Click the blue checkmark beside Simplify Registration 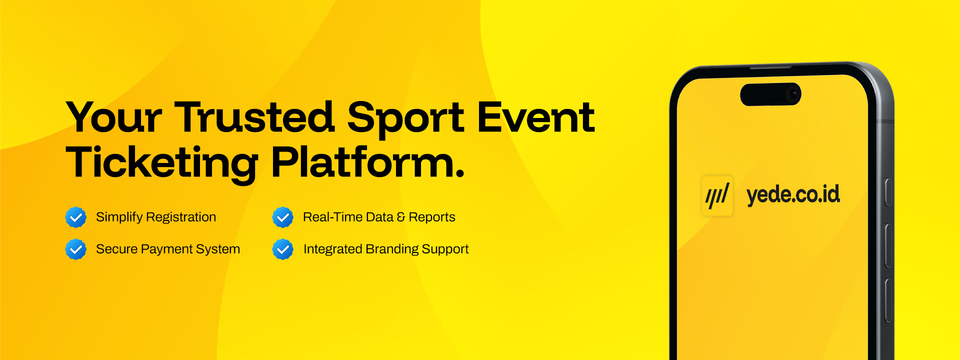click(x=76, y=217)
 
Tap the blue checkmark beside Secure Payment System click(x=76, y=249)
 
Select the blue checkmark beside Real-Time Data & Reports click(x=283, y=217)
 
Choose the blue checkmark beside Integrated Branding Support click(x=283, y=249)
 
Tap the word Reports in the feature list click(x=432, y=217)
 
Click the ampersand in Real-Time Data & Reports click(x=401, y=217)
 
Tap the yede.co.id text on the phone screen click(x=793, y=195)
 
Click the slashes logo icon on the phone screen click(x=717, y=195)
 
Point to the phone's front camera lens click(x=792, y=94)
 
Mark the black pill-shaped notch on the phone click(x=770, y=94)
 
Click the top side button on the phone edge click(x=888, y=192)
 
